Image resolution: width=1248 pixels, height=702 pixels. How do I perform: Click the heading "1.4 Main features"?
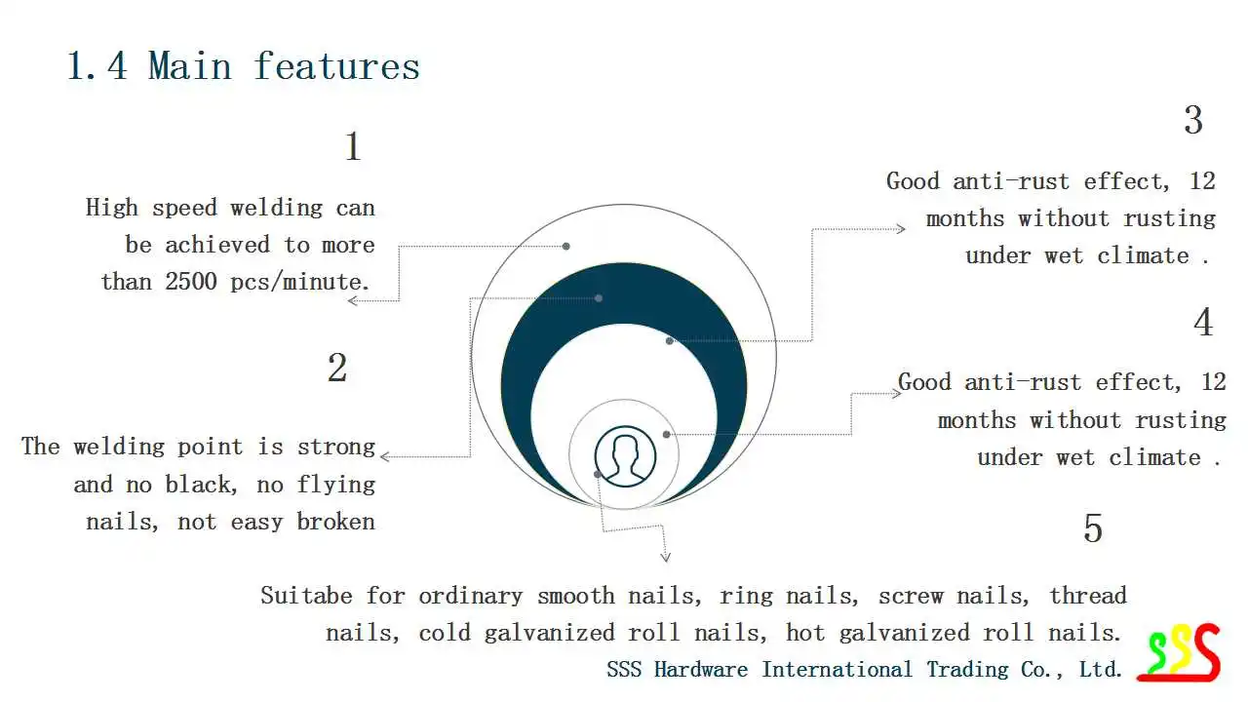(x=243, y=66)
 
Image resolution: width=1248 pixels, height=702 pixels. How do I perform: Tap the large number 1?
(x=353, y=147)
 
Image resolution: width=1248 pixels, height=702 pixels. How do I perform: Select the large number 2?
(x=337, y=369)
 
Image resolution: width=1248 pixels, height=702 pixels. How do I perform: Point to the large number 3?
(x=1193, y=121)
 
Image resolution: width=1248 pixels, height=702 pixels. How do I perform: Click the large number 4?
(x=1204, y=323)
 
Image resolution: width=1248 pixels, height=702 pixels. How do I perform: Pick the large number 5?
(x=1093, y=528)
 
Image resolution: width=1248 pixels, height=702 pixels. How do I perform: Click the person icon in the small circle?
(x=625, y=455)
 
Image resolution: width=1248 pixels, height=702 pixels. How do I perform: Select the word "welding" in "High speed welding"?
(x=276, y=208)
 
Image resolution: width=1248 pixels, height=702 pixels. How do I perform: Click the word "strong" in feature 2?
(x=336, y=448)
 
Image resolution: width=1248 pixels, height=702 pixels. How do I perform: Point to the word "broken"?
(x=336, y=522)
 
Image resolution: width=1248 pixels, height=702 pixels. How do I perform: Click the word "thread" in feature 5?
(x=1088, y=596)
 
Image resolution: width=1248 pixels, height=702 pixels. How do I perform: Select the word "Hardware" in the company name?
(x=700, y=670)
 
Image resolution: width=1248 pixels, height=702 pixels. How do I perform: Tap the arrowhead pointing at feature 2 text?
(x=385, y=456)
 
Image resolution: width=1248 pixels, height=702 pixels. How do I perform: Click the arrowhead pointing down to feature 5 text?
(x=666, y=558)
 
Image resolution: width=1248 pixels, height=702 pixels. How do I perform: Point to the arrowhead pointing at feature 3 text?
(x=901, y=229)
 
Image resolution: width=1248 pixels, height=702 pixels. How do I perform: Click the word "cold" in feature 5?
(x=445, y=633)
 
